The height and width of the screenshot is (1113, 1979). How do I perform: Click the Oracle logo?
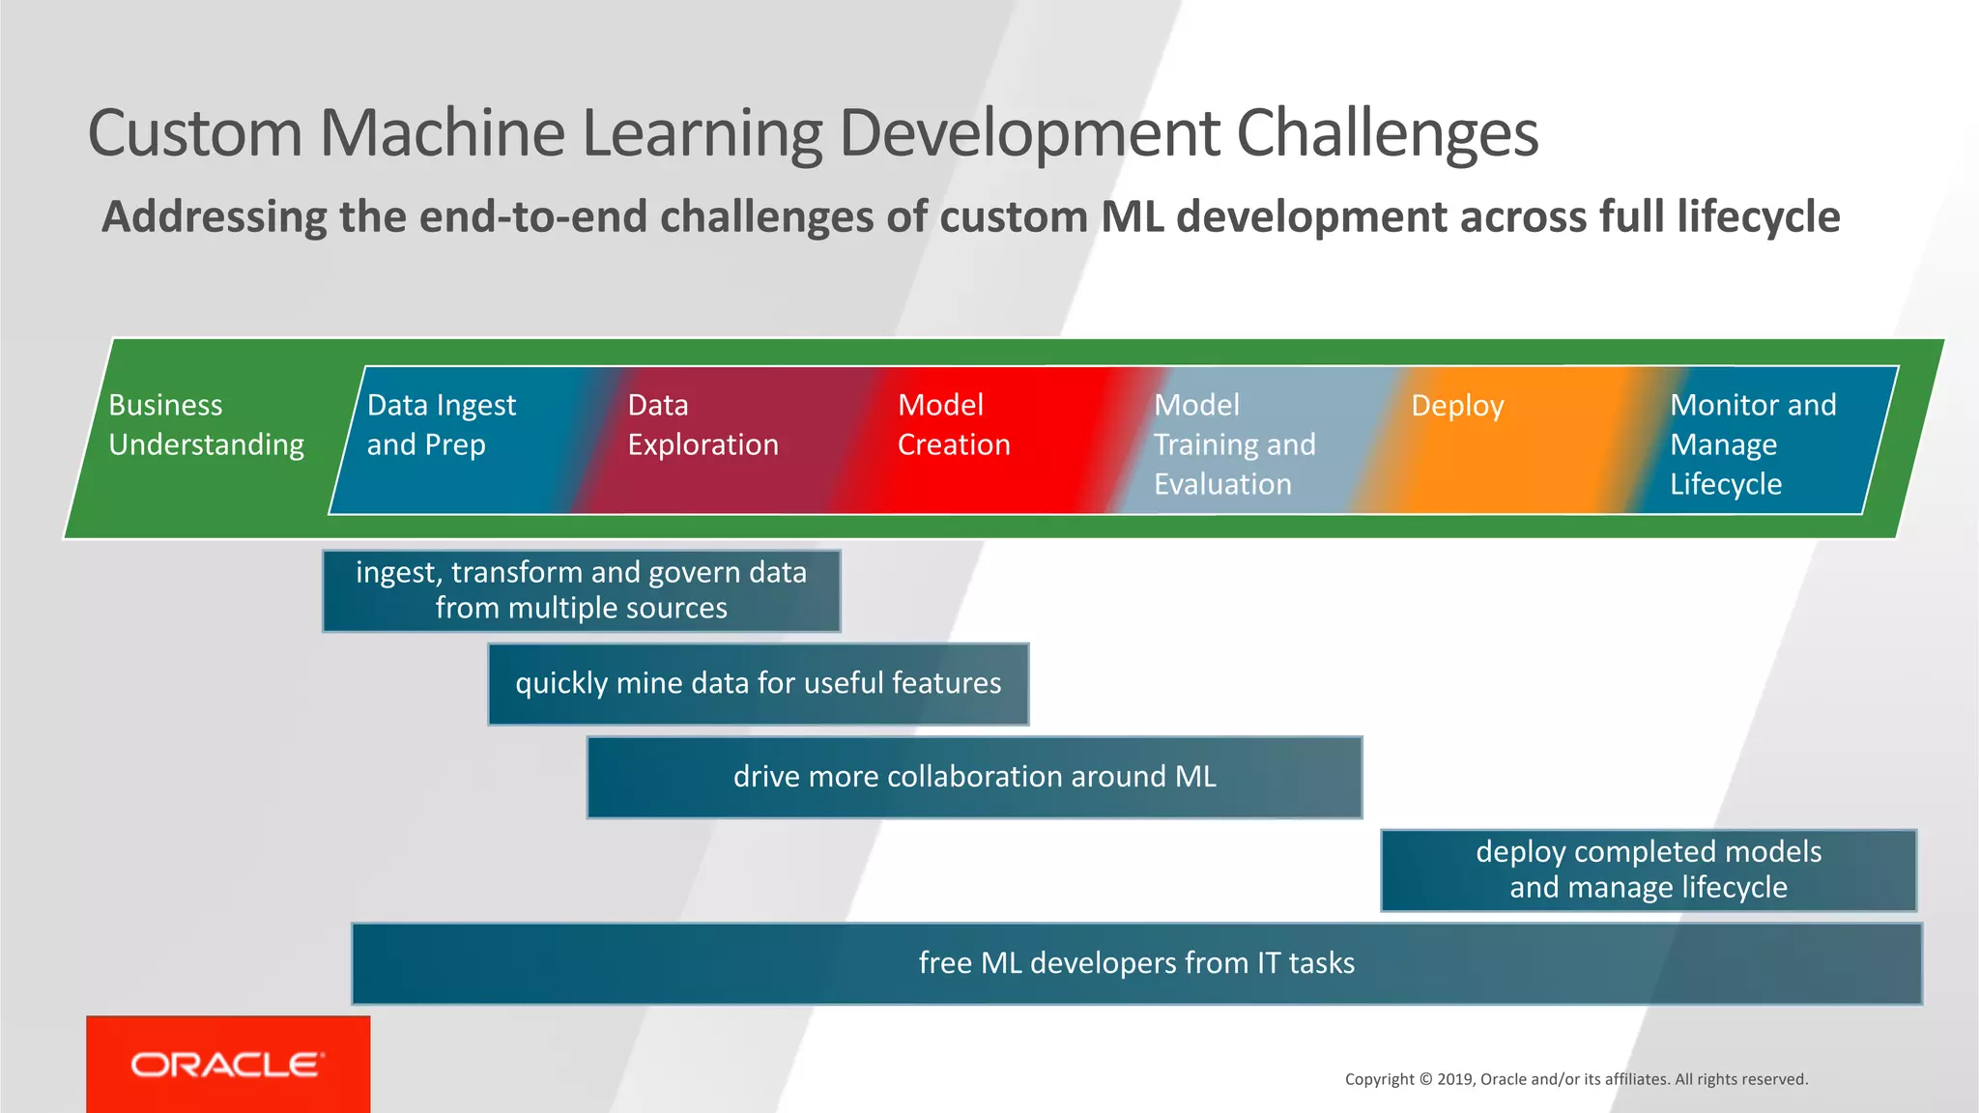coord(227,1065)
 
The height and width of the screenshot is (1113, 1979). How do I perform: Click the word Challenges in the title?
coord(1387,133)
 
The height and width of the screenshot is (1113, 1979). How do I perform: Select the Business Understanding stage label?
coord(206,425)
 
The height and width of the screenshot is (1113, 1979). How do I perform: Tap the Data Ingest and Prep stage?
coord(442,425)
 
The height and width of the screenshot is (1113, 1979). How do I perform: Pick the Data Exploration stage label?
coord(703,425)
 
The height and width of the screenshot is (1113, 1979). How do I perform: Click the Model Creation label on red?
coord(954,425)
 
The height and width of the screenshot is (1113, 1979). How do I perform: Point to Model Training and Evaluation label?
coord(1234,444)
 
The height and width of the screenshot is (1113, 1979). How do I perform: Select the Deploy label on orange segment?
coord(1457,406)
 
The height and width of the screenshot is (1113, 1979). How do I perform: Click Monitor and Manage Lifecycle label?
coord(1752,444)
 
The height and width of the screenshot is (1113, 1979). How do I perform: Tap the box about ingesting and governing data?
coord(581,590)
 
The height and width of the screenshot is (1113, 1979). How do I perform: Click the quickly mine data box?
coord(758,683)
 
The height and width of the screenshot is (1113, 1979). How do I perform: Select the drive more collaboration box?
coord(974,777)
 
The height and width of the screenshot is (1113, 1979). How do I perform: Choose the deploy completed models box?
coord(1649,870)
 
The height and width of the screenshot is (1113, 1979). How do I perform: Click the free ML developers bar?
coord(1136,963)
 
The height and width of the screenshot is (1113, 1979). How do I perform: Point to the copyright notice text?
coord(1575,1079)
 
